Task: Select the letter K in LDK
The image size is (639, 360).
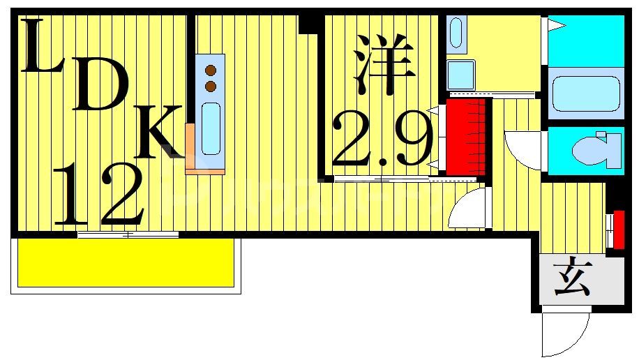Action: pyautogui.click(x=161, y=131)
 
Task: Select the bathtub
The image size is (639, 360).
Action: pyautogui.click(x=586, y=93)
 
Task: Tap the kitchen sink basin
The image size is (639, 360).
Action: pyautogui.click(x=211, y=128)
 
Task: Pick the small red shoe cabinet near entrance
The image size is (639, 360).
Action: pyautogui.click(x=617, y=229)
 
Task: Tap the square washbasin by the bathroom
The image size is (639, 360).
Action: pyautogui.click(x=460, y=74)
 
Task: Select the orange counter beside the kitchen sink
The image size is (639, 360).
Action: pyautogui.click(x=190, y=148)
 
